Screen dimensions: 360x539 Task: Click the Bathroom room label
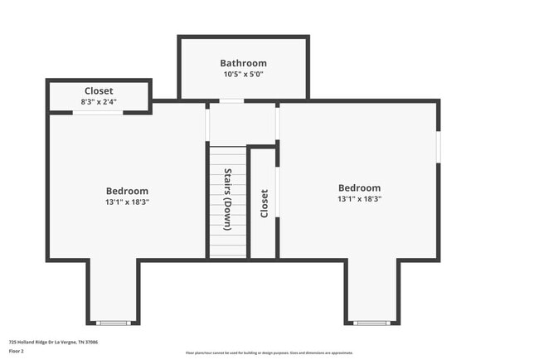[243, 63]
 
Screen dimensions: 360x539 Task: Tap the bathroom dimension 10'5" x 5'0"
[243, 75]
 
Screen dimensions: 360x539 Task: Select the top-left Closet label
[99, 90]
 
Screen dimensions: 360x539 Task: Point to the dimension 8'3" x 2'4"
[99, 101]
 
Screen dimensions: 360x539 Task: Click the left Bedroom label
[127, 191]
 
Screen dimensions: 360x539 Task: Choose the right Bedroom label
[359, 188]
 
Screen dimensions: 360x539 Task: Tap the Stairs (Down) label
[228, 199]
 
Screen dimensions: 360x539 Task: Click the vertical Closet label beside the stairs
[265, 204]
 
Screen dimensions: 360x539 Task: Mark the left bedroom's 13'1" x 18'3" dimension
[127, 202]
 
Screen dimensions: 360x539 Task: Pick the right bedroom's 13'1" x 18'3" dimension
[359, 199]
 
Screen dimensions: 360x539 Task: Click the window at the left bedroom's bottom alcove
[114, 323]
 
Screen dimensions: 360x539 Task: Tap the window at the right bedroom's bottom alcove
[372, 323]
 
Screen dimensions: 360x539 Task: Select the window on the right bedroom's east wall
[438, 146]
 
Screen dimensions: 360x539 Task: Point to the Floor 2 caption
[17, 351]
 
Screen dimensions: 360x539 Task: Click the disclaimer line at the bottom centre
[269, 353]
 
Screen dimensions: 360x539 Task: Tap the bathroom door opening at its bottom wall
[231, 101]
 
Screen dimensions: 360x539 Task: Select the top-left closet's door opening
[98, 112]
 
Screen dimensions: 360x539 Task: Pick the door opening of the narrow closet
[277, 192]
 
